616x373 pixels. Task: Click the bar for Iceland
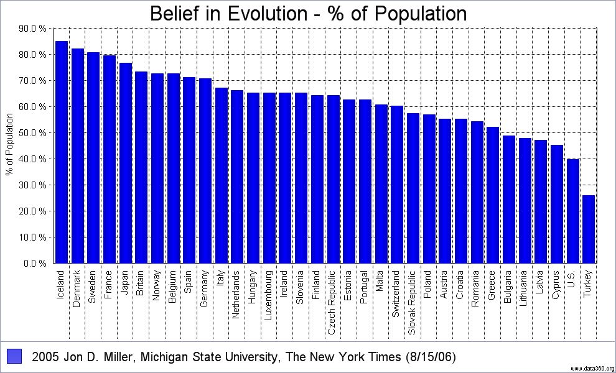point(62,152)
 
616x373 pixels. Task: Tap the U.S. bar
point(572,211)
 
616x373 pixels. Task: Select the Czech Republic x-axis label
point(332,302)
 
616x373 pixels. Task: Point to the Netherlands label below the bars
point(237,295)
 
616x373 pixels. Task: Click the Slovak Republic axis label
point(413,302)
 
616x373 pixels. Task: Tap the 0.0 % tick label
point(35,264)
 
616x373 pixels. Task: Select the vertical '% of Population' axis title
point(9,145)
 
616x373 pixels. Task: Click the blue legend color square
point(14,356)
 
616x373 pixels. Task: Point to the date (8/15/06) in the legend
point(430,357)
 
